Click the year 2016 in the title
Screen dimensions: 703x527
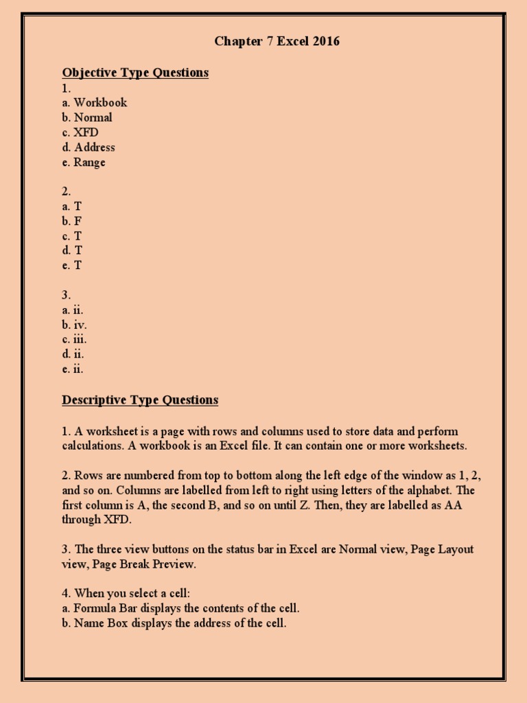click(x=326, y=42)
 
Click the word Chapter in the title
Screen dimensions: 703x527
click(x=234, y=42)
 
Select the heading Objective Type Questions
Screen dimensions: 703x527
click(x=135, y=73)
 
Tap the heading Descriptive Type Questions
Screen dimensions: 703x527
click(x=140, y=400)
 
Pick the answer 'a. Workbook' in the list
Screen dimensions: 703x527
click(x=95, y=103)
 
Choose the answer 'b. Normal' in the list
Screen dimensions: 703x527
click(x=87, y=117)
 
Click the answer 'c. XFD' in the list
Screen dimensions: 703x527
click(x=80, y=132)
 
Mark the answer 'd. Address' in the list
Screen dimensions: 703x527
click(x=89, y=148)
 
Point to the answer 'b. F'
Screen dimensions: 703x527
click(x=72, y=221)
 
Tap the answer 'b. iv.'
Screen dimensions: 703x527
click(x=74, y=325)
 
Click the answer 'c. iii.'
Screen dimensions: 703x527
click(x=74, y=340)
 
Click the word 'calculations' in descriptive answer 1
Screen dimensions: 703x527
click(x=91, y=446)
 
